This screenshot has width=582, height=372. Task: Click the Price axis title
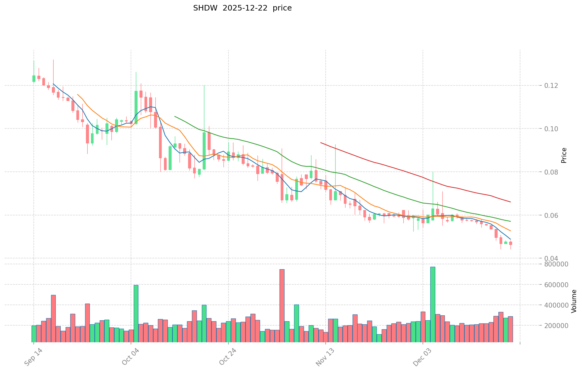564,155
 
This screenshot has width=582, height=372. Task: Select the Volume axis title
574,301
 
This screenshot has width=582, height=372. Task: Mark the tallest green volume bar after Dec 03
432,305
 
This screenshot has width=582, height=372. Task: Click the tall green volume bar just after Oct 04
136,314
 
